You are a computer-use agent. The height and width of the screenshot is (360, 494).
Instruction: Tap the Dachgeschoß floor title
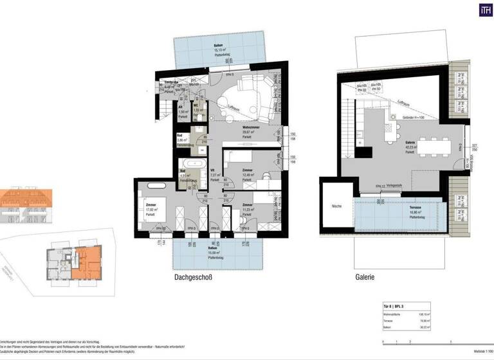click(x=193, y=278)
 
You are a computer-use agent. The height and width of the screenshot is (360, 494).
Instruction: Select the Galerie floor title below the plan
click(x=363, y=278)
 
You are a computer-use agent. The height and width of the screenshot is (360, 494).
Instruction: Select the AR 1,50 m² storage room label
click(x=183, y=110)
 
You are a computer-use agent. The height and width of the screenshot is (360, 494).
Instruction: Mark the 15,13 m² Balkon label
click(x=219, y=47)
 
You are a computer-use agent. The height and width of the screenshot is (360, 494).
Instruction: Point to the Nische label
click(x=336, y=207)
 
